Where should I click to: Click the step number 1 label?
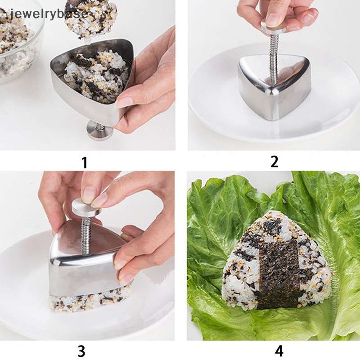[84, 162]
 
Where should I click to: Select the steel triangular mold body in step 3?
[81, 265]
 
